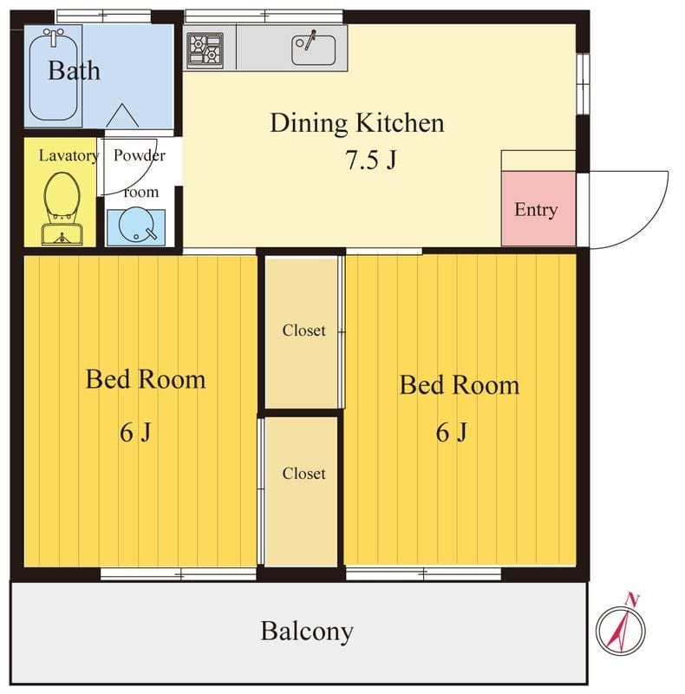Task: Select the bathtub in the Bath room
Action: (54, 74)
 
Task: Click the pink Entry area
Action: (538, 208)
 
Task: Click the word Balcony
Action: (307, 632)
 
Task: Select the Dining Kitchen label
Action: (356, 122)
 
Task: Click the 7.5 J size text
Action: (371, 160)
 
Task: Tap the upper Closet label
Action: (303, 331)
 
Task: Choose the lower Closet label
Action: (303, 473)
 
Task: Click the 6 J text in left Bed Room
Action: (135, 432)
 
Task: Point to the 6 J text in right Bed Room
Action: (452, 432)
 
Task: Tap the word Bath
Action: (74, 70)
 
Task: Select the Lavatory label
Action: (68, 155)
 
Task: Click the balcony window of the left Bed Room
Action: (179, 574)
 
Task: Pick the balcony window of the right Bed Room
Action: (423, 574)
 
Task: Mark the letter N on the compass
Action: (632, 599)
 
